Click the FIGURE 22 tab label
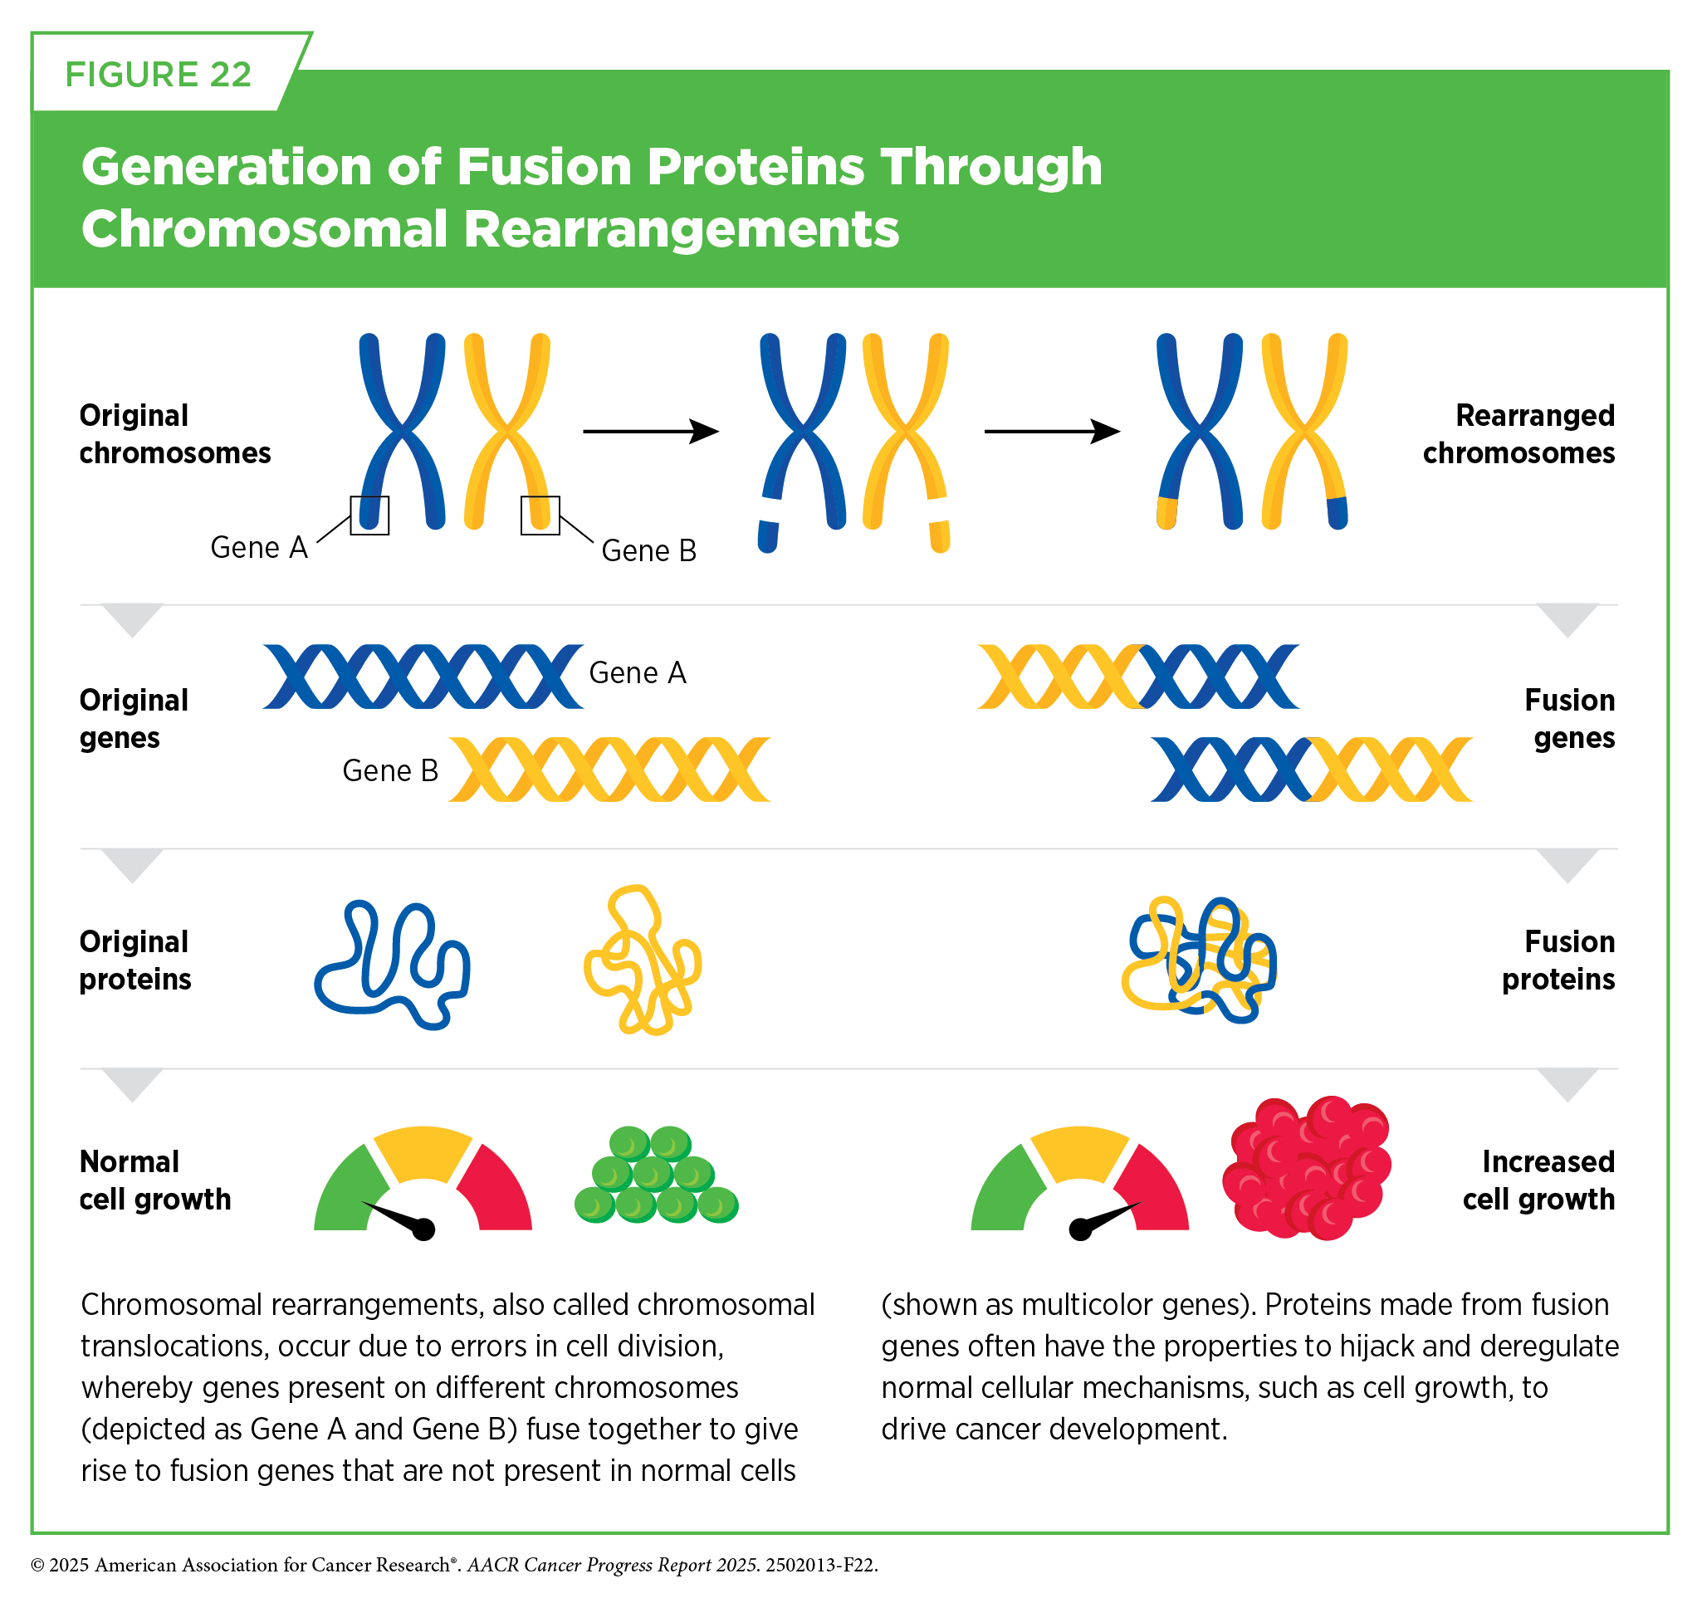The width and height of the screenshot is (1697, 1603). pyautogui.click(x=158, y=75)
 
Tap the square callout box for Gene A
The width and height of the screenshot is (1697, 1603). pyautogui.click(x=369, y=516)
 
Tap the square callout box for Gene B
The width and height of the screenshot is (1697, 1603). pyautogui.click(x=540, y=516)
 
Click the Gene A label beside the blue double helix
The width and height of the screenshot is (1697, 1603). pyautogui.click(x=638, y=672)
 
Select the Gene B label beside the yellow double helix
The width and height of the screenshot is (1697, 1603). pyautogui.click(x=389, y=770)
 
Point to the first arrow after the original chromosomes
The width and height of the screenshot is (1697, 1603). pyautogui.click(x=650, y=432)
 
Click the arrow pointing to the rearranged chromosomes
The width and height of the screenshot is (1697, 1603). pyautogui.click(x=1052, y=432)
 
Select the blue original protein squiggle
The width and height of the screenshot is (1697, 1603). pyautogui.click(x=392, y=964)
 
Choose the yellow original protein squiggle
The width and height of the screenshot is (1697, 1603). pyautogui.click(x=643, y=960)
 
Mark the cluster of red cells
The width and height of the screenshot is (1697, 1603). pyautogui.click(x=1307, y=1167)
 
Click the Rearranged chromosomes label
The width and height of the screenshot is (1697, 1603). pyautogui.click(x=1518, y=433)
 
